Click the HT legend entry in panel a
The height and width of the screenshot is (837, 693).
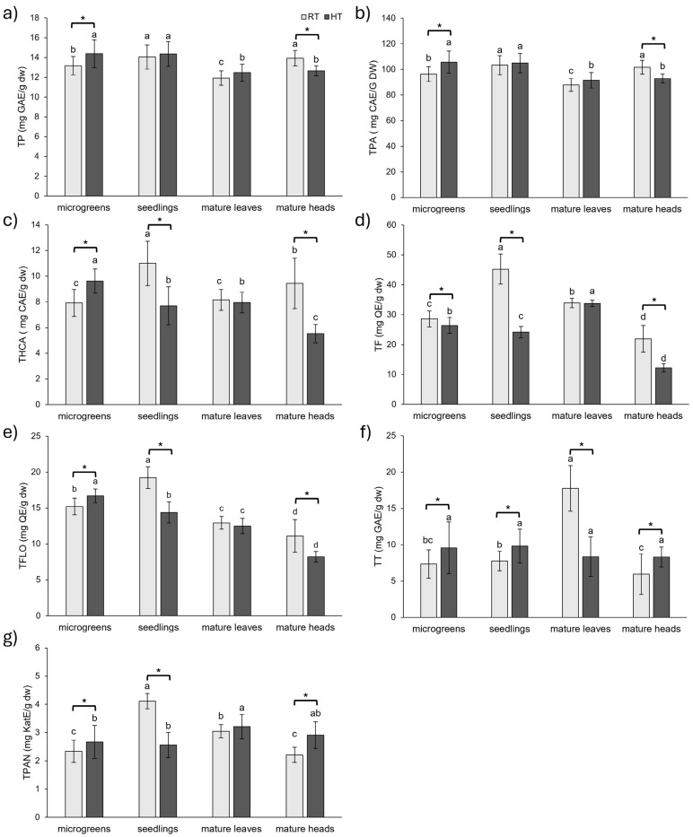313,16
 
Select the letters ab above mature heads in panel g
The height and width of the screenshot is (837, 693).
316,691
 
